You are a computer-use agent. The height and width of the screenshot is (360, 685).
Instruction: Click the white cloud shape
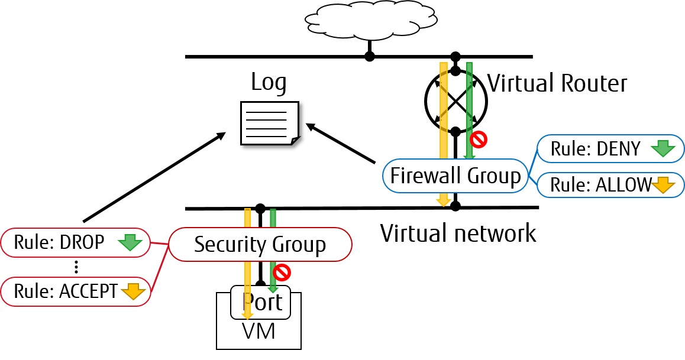pos(371,21)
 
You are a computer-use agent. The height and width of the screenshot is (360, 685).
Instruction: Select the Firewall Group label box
pos(455,176)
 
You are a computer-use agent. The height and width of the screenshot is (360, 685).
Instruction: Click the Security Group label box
pos(260,244)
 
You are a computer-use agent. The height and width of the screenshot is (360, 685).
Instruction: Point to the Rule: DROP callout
pos(75,242)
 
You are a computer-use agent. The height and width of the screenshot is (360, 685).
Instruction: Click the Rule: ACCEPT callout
pos(75,291)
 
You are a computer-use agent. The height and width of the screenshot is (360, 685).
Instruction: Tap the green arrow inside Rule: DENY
pos(663,149)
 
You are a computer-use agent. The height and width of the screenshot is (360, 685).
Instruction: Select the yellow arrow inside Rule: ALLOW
pos(663,186)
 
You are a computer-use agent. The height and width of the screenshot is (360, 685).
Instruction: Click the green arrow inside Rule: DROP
pos(130,242)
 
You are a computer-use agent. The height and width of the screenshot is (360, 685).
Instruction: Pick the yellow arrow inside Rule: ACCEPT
pos(133,291)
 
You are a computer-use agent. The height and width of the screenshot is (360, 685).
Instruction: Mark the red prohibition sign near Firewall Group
pos(478,140)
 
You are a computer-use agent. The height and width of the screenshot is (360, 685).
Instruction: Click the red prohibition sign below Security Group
pos(282,272)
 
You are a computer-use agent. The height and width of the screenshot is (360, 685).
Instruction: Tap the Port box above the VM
pos(261,302)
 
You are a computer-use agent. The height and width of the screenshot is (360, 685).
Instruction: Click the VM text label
pos(259,332)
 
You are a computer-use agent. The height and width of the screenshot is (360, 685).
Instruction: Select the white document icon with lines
pos(269,123)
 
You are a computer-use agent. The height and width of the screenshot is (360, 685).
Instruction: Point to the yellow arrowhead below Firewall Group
pos(444,202)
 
